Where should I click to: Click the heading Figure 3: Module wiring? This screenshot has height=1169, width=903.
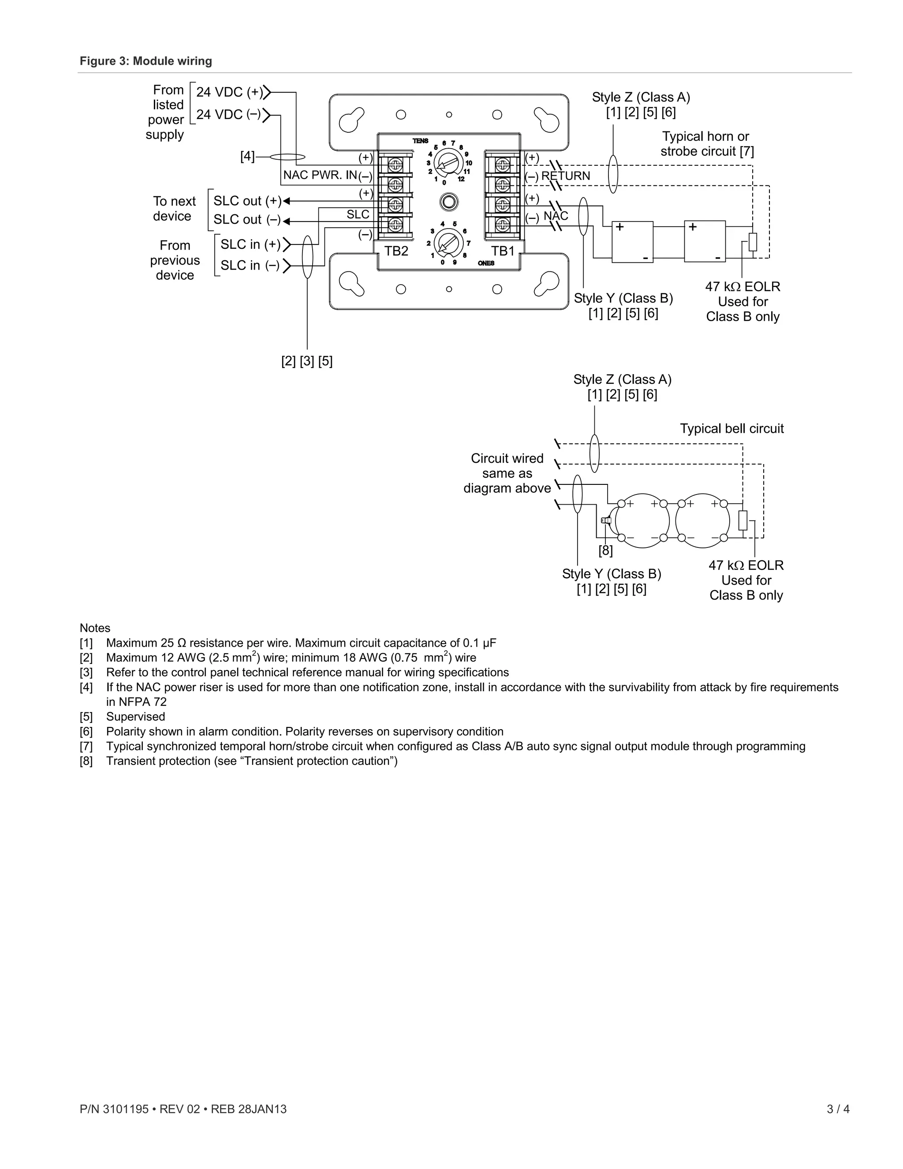(x=146, y=61)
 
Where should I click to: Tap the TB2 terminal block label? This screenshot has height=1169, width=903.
(x=396, y=251)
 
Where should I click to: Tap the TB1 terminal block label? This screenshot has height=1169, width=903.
(x=502, y=251)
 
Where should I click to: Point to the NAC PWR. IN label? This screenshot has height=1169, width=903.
(x=320, y=175)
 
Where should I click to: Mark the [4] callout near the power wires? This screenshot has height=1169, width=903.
(x=247, y=157)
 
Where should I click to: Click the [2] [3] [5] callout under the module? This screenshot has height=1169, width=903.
(x=306, y=361)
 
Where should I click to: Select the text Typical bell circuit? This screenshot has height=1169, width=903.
(x=731, y=428)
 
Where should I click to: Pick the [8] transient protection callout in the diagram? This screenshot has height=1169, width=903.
(x=605, y=550)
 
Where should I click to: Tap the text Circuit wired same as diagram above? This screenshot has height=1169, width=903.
(x=507, y=473)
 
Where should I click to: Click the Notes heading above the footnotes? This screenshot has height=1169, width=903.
(x=95, y=628)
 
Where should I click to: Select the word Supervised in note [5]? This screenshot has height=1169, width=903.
(x=135, y=717)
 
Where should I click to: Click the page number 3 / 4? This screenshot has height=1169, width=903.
(x=838, y=1109)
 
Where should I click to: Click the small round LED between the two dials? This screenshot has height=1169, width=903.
(x=448, y=202)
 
